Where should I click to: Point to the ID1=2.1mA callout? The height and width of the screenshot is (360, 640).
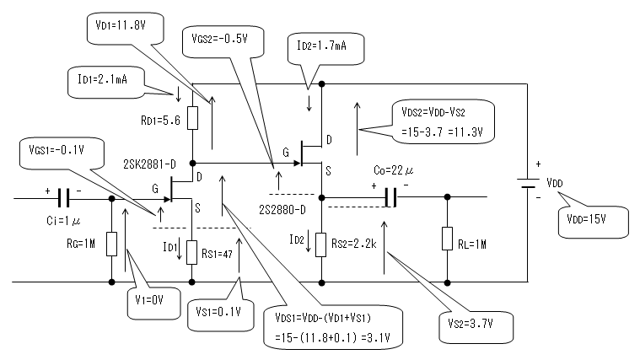[x=105, y=82]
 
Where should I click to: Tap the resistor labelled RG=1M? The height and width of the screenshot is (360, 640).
[x=112, y=244]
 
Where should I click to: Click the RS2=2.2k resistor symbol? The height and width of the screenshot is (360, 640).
[x=321, y=244]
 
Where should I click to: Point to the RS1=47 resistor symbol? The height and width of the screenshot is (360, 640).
[x=194, y=250]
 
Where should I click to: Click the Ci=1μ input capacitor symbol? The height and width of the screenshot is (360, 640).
[x=64, y=200]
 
